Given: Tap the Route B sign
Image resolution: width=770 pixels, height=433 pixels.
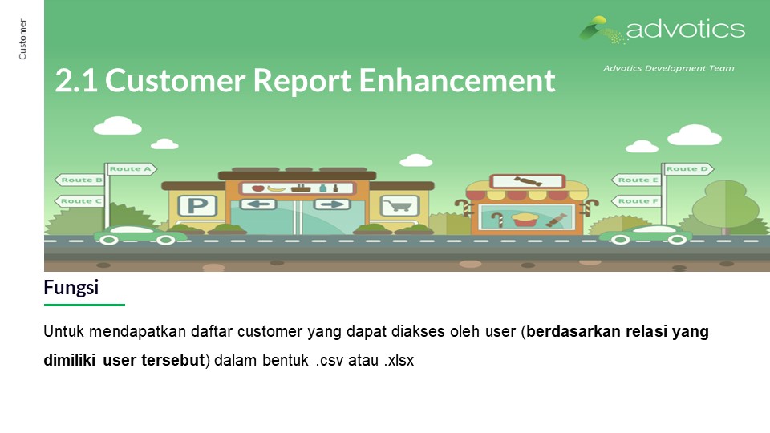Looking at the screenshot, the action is tap(79, 180).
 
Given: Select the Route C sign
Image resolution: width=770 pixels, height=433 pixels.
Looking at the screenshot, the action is tap(79, 201).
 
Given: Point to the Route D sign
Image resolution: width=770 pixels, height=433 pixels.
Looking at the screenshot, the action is tap(688, 169).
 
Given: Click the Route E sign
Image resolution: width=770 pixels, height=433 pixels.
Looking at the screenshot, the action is tap(636, 180).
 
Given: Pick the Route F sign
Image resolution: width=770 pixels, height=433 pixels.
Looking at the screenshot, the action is tap(636, 201).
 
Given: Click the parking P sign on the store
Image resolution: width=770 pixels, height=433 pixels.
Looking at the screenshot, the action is tap(197, 206).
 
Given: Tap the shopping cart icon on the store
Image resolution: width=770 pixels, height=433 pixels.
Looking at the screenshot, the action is tap(399, 206).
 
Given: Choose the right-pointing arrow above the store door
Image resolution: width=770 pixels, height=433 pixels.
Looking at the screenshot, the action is tap(331, 204).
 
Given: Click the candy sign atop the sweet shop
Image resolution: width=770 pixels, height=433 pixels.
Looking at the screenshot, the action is tap(528, 182).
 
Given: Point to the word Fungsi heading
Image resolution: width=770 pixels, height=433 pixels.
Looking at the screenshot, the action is tap(71, 288).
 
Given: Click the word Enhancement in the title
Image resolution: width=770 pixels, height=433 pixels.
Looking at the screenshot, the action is tap(457, 80).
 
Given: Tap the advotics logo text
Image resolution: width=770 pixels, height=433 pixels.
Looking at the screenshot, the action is tap(686, 30).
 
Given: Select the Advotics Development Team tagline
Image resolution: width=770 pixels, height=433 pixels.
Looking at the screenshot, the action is tap(669, 68).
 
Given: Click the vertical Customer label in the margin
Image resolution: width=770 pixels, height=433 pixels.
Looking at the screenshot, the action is tap(22, 39).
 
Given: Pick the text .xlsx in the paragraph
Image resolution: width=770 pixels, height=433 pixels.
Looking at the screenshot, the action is tap(399, 360).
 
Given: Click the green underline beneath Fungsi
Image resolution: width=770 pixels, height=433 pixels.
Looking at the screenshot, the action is tap(84, 305).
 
